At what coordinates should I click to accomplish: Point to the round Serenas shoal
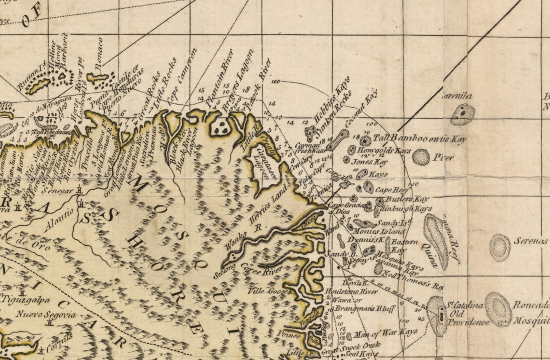point(500,248)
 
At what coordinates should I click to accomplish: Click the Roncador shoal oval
point(498,309)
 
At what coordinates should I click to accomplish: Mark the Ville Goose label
point(270,291)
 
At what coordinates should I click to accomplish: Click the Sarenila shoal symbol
point(462,114)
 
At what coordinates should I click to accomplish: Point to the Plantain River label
point(219,81)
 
